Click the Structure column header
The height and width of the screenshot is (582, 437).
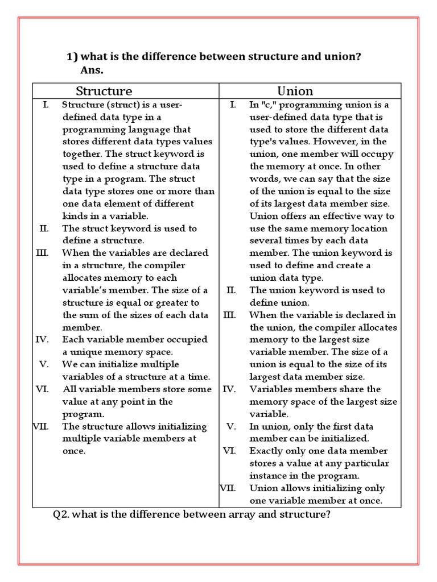click(104, 91)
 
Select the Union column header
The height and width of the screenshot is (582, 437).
click(295, 91)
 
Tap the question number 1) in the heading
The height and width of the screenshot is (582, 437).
click(72, 57)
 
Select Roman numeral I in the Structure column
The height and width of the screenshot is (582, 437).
click(46, 105)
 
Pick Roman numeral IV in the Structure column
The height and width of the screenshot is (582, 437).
click(42, 340)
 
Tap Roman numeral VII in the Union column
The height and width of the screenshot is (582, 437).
click(228, 488)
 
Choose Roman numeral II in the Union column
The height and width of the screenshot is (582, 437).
click(230, 290)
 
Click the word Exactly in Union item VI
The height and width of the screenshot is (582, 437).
click(267, 451)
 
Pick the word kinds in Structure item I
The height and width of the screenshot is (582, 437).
click(75, 216)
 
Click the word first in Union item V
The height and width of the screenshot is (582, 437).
click(333, 426)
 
